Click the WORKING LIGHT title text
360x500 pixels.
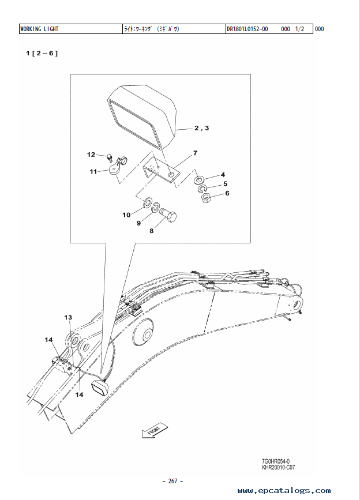pyautogui.click(x=39, y=29)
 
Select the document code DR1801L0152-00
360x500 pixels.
pyautogui.click(x=247, y=29)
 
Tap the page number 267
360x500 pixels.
pyautogui.click(x=172, y=481)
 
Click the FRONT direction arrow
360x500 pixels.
pyautogui.click(x=155, y=430)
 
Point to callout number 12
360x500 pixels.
pyautogui.click(x=91, y=155)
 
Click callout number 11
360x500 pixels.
pyautogui.click(x=93, y=172)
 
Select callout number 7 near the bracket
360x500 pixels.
pyautogui.click(x=195, y=153)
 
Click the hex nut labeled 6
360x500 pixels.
pyautogui.click(x=206, y=198)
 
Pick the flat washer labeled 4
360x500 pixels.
pyautogui.click(x=199, y=180)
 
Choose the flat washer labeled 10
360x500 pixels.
pyautogui.click(x=148, y=202)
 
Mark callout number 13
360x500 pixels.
pyautogui.click(x=68, y=317)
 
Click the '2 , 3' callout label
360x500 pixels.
pyautogui.click(x=202, y=128)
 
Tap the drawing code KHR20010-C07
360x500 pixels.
pyautogui.click(x=279, y=468)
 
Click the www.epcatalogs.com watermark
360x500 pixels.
pyautogui.click(x=284, y=490)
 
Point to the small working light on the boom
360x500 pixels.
pyautogui.click(x=100, y=386)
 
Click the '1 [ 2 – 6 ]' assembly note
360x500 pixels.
pyautogui.click(x=42, y=53)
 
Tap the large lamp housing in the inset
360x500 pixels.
pyautogui.click(x=141, y=116)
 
